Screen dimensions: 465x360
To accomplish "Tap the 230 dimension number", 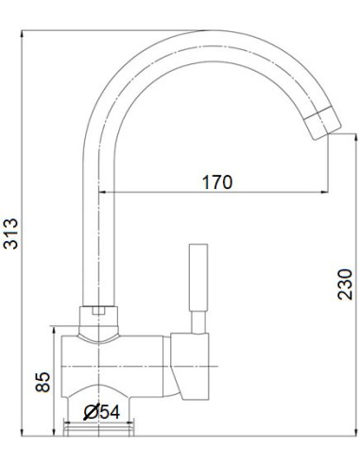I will tap(346, 281).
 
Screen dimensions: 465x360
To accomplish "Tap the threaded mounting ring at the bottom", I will tap(100, 430).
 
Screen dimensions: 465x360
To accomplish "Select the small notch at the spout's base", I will tap(100, 310).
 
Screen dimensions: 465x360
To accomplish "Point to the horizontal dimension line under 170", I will tap(217, 194).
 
